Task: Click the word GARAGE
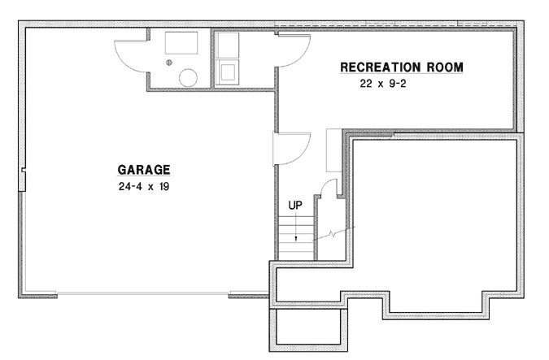pyautogui.click(x=144, y=170)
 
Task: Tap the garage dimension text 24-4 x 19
pyautogui.click(x=144, y=186)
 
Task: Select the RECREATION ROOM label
pyautogui.click(x=402, y=67)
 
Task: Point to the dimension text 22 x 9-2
pyautogui.click(x=388, y=83)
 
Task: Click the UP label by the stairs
pyautogui.click(x=296, y=206)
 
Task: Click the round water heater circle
pyautogui.click(x=188, y=78)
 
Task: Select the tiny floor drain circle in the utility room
pyautogui.click(x=169, y=63)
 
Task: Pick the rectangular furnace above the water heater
pyautogui.click(x=181, y=43)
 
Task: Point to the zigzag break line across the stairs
pyautogui.click(x=333, y=236)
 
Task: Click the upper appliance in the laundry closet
pyautogui.click(x=228, y=45)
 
